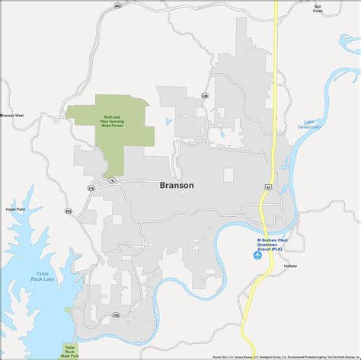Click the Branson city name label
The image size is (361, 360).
[x=177, y=185]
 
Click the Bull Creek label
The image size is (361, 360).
[x=318, y=9]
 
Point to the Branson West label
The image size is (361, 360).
[x=12, y=116]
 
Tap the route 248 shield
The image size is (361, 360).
[x=205, y=96]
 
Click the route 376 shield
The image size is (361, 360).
[x=91, y=188]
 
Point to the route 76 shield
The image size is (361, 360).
[x=111, y=180]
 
